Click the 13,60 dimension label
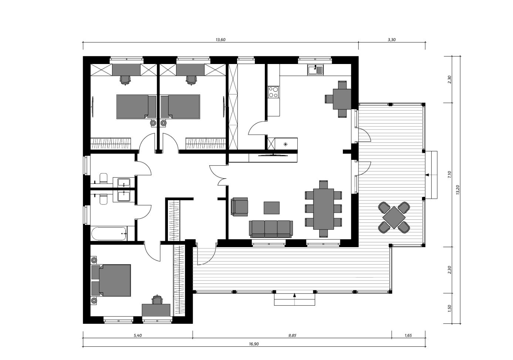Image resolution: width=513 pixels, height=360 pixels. (220, 40)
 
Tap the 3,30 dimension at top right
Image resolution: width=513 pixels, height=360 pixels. (392, 40)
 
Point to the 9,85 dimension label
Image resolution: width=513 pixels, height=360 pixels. (292, 336)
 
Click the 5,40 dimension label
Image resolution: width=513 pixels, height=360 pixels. (138, 336)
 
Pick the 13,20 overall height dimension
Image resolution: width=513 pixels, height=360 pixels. (458, 190)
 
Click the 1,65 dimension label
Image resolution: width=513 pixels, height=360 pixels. (408, 336)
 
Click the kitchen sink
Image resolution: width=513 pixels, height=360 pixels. (315, 70)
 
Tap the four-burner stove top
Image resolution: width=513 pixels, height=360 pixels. (273, 92)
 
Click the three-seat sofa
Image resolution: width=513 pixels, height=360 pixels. (271, 229)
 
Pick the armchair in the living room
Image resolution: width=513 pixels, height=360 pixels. (239, 207)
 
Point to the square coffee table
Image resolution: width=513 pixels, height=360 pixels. (271, 208)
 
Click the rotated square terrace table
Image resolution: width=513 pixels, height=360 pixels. (394, 218)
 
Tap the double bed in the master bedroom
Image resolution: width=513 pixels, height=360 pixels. (111, 280)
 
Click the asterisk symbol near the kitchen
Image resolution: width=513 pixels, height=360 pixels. (286, 144)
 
